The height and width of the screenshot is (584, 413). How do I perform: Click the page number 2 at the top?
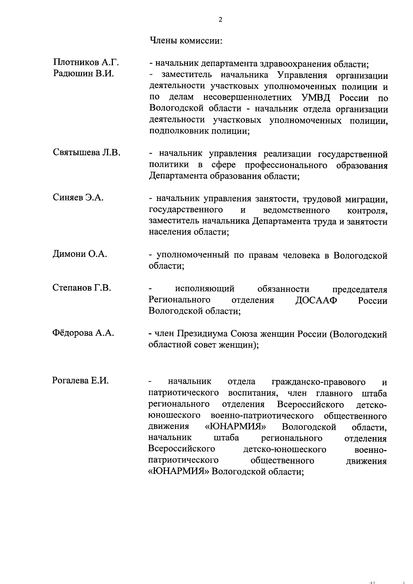point(220,20)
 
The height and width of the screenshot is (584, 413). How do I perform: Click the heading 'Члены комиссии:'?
point(186,41)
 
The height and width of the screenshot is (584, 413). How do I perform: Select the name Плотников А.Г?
point(86,62)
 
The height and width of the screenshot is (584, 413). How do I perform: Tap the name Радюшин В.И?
point(83,73)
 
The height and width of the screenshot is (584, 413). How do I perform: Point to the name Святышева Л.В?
point(87,152)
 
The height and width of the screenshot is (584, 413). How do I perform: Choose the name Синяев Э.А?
point(78,198)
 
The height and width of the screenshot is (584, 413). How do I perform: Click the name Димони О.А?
point(80,254)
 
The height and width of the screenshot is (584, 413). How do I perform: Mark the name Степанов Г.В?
point(82,287)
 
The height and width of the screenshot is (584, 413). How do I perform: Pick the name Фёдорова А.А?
point(83,333)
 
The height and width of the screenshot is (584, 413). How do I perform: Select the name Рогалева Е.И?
point(81,381)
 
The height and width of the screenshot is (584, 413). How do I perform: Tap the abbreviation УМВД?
point(316,98)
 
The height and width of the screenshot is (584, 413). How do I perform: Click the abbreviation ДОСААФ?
point(316,300)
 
